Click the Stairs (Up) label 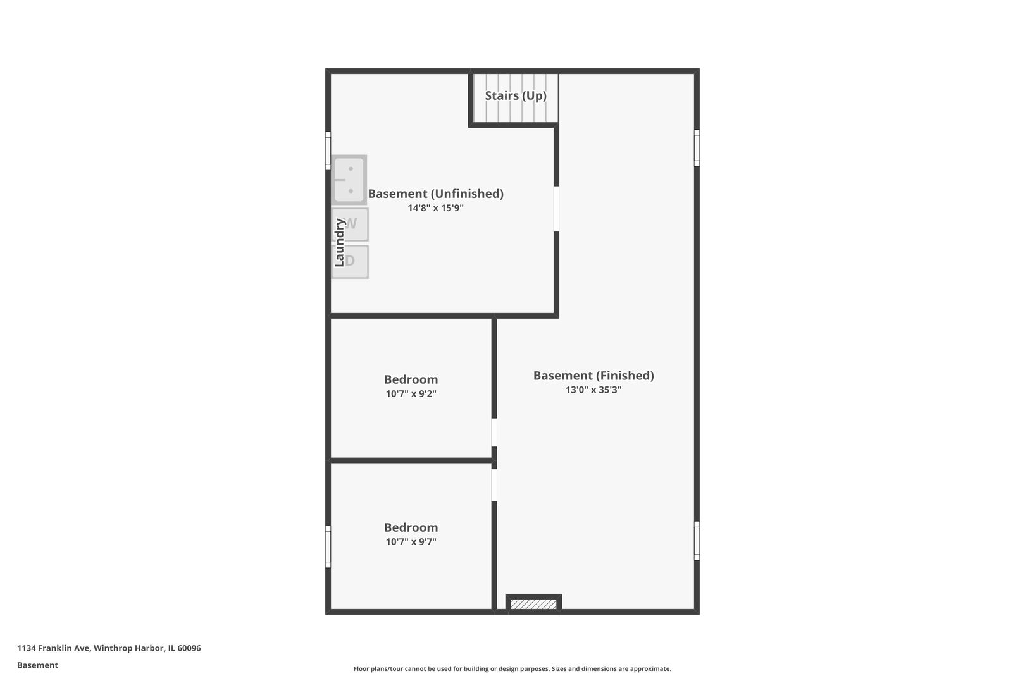click(x=516, y=95)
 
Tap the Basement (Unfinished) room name click(x=435, y=194)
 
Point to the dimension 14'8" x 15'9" click(x=435, y=208)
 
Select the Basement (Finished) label click(x=593, y=376)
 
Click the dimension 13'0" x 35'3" click(x=593, y=390)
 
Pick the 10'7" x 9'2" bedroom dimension click(x=411, y=393)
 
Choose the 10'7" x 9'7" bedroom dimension click(x=411, y=541)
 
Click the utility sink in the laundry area click(x=350, y=180)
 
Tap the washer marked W click(x=350, y=224)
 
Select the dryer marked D click(x=350, y=262)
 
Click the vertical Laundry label click(x=339, y=242)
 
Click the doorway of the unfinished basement click(x=556, y=209)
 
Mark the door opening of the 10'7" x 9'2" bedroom click(x=494, y=433)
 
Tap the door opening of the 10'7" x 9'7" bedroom click(x=494, y=485)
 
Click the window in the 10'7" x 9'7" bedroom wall click(x=328, y=546)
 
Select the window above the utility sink click(x=328, y=151)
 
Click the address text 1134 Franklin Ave click(x=54, y=648)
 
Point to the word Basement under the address click(x=37, y=665)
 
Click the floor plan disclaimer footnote click(x=512, y=669)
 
